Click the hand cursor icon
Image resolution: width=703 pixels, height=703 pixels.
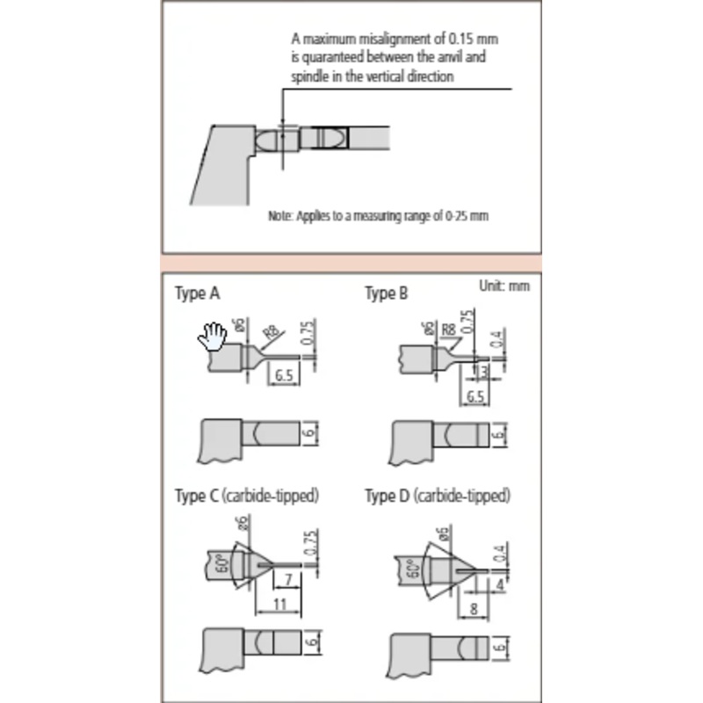213,336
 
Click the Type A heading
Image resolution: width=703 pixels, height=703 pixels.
197,294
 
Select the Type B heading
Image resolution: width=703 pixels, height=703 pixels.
387,294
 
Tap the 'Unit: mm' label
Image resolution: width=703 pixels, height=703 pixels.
504,286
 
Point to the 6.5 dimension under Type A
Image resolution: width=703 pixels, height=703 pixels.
284,375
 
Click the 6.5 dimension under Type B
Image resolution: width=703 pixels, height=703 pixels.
475,397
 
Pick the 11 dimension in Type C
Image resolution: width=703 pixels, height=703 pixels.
279,604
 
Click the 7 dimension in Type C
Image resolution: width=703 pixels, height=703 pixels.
288,580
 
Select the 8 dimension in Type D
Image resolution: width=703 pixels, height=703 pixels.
474,608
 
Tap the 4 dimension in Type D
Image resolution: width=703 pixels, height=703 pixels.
500,584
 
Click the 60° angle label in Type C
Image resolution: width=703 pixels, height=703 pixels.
223,564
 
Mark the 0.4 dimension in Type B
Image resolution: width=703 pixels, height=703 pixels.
496,338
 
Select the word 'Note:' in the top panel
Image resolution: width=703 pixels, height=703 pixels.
281,215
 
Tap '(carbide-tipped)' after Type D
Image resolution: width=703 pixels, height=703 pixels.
462,496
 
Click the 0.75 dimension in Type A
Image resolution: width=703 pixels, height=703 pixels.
309,332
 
